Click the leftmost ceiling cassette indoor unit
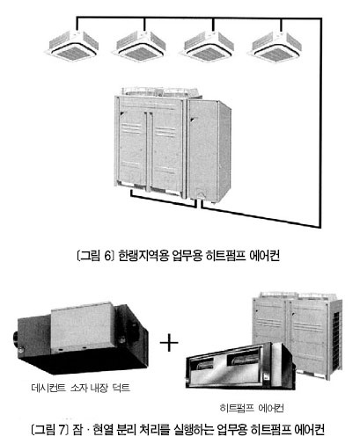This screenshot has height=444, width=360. tap(73, 46)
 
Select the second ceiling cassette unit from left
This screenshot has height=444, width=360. tap(141, 46)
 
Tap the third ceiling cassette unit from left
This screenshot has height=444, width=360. tap(209, 46)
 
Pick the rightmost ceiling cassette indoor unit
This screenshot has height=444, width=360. tap(276, 46)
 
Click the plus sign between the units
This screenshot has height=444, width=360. tap(169, 342)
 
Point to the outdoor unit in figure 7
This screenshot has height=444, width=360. tap(298, 334)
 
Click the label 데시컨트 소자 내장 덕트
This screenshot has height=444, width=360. tap(81, 388)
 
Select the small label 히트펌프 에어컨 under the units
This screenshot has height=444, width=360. tap(252, 408)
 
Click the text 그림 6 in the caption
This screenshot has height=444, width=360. tap(96, 256)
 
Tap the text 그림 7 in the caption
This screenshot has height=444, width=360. tap(50, 430)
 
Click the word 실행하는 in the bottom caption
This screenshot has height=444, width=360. tap(193, 430)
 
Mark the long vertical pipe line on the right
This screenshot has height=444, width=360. tap(320, 122)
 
